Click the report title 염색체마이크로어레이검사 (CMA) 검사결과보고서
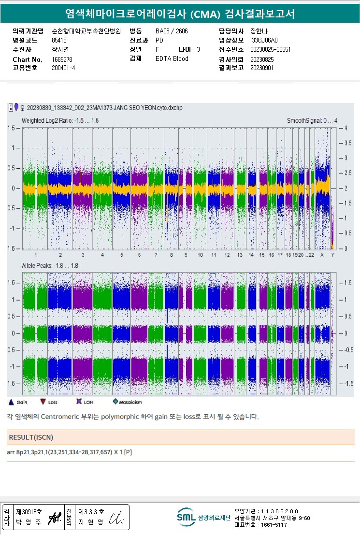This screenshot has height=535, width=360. [x=180, y=14]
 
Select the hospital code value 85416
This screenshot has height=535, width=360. [x=59, y=40]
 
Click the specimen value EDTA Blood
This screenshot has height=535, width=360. [x=172, y=59]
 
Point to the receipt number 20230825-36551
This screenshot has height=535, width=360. [x=270, y=50]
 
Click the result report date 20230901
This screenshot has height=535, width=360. [x=262, y=68]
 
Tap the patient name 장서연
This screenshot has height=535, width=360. [x=60, y=50]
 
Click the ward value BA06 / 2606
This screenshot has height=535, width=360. [x=172, y=31]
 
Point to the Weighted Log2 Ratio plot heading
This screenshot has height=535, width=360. [x=60, y=120]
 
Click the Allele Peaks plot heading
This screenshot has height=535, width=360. [x=50, y=266]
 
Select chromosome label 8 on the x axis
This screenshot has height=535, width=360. [x=171, y=255]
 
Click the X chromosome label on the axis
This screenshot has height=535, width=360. [x=322, y=255]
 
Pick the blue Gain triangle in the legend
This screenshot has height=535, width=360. [x=11, y=402]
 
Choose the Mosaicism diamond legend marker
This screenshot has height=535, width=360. [x=115, y=402]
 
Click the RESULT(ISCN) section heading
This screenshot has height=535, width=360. [x=31, y=437]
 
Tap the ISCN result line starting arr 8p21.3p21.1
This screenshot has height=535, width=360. [x=69, y=453]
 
